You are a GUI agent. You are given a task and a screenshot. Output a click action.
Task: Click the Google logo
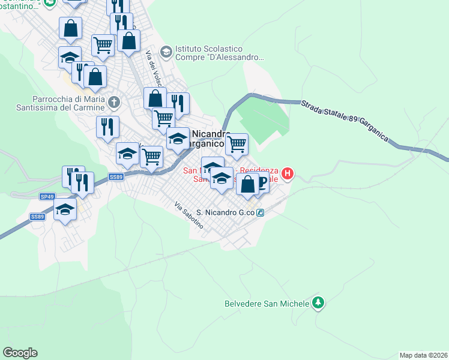click(x=20, y=353)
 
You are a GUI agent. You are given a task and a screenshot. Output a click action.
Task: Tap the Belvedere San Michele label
click(x=267, y=304)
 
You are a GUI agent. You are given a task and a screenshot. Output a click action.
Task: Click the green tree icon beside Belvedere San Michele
click(x=319, y=303)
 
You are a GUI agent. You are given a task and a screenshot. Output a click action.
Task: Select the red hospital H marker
click(x=288, y=174)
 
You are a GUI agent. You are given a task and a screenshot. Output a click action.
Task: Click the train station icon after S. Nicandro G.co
click(x=261, y=212)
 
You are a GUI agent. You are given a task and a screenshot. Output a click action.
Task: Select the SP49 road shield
click(x=47, y=196)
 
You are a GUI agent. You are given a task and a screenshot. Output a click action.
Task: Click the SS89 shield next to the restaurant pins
click(x=116, y=177)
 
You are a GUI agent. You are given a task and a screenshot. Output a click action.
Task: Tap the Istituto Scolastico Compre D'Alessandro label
click(x=220, y=53)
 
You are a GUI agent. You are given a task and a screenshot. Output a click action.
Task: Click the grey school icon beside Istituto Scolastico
click(x=166, y=49)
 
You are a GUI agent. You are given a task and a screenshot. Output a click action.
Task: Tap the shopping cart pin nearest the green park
click(x=237, y=144)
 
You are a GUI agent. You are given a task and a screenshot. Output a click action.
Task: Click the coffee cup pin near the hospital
click(x=260, y=185)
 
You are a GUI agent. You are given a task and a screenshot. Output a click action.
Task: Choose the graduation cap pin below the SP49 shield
click(x=65, y=209)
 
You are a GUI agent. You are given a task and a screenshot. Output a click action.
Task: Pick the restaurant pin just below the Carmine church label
click(x=107, y=127)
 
